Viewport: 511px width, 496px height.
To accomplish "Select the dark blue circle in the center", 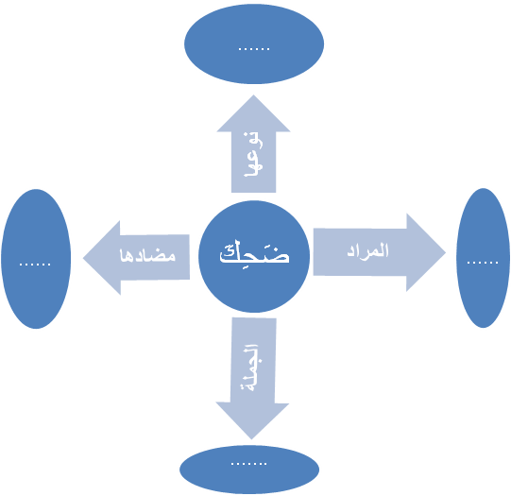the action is pyautogui.click(x=254, y=256).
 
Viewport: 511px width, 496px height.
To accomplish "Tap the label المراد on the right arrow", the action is pyautogui.click(x=367, y=250).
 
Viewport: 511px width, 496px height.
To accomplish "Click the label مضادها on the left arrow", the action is pyautogui.click(x=147, y=255).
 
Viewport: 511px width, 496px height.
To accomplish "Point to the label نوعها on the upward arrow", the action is pyautogui.click(x=253, y=154).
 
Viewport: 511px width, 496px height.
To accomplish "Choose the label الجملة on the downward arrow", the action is pyautogui.click(x=251, y=368).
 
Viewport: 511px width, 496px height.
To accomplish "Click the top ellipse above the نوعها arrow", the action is pyautogui.click(x=254, y=44).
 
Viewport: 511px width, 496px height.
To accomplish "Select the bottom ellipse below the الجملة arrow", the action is pyautogui.click(x=249, y=470).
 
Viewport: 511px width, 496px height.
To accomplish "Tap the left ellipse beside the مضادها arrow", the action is pyautogui.click(x=36, y=259).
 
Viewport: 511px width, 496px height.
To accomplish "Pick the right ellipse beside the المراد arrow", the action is pyautogui.click(x=484, y=258).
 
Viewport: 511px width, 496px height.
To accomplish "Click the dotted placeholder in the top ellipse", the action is pyautogui.click(x=254, y=49).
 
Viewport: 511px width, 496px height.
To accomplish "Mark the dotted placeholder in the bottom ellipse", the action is pyautogui.click(x=249, y=464).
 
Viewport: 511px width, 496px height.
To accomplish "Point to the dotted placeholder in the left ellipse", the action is pyautogui.click(x=35, y=265).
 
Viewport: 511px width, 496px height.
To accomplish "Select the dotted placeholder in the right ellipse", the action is pyautogui.click(x=483, y=263).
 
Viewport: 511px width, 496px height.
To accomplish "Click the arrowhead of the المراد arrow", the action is pyautogui.click(x=426, y=252).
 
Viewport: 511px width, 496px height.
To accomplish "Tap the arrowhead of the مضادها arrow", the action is pyautogui.click(x=102, y=258).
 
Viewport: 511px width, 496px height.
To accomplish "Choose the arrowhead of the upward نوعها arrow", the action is pyautogui.click(x=253, y=113).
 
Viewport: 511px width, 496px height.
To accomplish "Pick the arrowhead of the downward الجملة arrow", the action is pyautogui.click(x=252, y=420).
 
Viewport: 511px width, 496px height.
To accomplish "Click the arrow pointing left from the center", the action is pyautogui.click(x=136, y=258).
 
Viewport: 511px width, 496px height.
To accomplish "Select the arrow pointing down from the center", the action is pyautogui.click(x=252, y=378).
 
